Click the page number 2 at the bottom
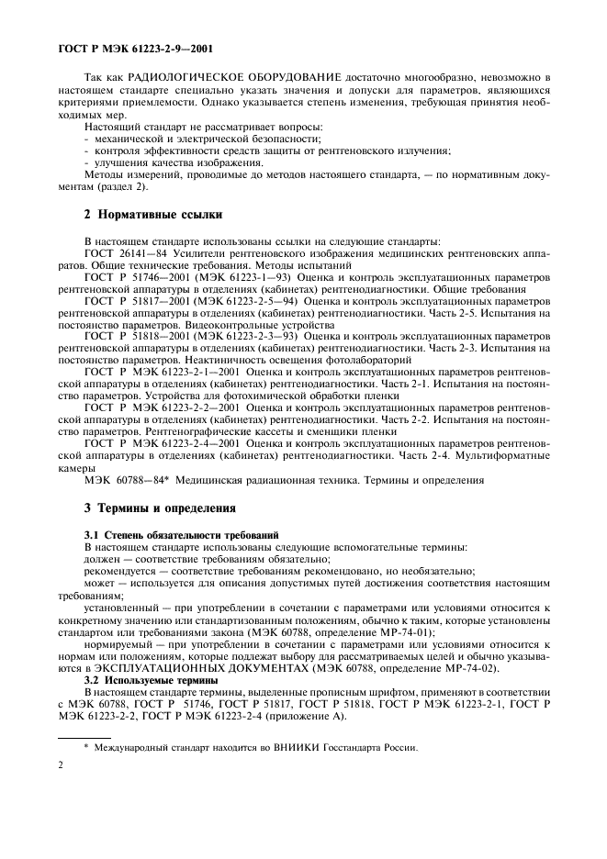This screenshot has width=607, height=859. coord(61,786)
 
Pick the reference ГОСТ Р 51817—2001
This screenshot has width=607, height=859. coord(138,300)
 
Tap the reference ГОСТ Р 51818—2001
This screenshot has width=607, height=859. coord(138,337)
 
